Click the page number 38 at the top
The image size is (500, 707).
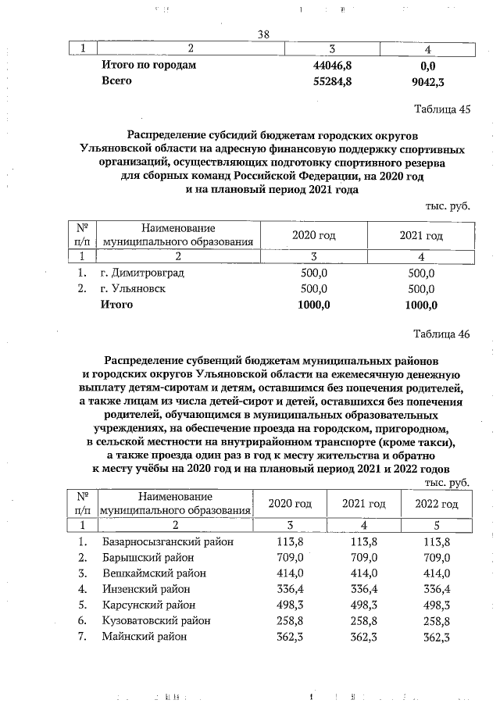click(263, 34)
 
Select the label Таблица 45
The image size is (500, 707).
click(442, 109)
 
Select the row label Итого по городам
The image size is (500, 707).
click(148, 66)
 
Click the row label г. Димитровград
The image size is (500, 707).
click(144, 274)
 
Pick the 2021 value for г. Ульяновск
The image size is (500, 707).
click(421, 289)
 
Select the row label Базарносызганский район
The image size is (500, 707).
click(168, 542)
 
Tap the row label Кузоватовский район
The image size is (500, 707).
click(156, 621)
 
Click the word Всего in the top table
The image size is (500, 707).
click(116, 81)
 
